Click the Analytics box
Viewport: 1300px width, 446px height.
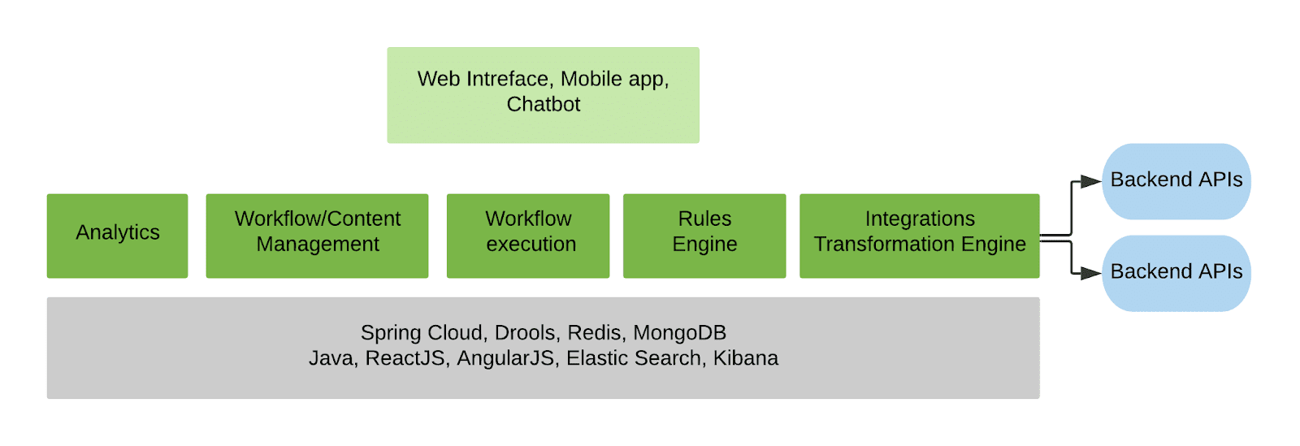click(x=117, y=236)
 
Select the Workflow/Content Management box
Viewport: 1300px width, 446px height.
click(x=317, y=236)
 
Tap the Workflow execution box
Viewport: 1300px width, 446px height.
click(x=528, y=236)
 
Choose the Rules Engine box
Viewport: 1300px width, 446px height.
click(x=704, y=236)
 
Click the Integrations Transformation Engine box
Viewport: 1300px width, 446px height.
click(x=919, y=236)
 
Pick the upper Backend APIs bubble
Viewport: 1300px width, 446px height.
click(x=1176, y=181)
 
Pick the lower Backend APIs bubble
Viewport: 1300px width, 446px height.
click(x=1176, y=273)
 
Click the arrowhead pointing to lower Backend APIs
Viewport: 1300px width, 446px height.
click(x=1090, y=274)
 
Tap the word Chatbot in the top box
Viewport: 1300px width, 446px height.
click(x=544, y=105)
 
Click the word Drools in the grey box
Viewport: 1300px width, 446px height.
click(x=524, y=333)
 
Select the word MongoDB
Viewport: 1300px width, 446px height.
click(x=679, y=333)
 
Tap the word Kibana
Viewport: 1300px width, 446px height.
click(x=745, y=358)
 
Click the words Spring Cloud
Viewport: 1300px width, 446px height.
click(x=422, y=333)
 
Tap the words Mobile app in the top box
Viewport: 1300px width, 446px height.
click(x=613, y=80)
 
